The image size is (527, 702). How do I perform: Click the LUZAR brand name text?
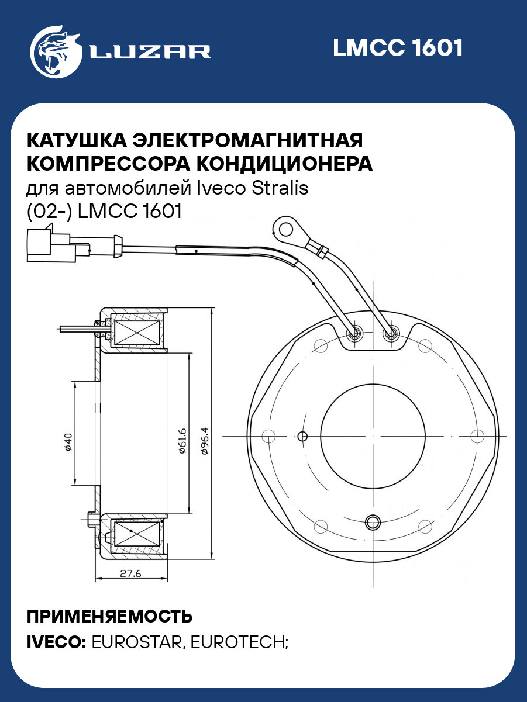pos(150,51)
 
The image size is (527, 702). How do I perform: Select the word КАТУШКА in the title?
pos(77,140)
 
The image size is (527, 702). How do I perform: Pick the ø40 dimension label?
pos(67,442)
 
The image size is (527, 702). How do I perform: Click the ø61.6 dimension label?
pos(182,441)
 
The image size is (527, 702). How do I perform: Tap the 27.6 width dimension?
pos(130,573)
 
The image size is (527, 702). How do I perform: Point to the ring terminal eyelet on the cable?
pos(287,227)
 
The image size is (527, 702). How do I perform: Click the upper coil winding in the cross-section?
pos(135,332)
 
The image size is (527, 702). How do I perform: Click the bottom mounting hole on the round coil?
pos(372,521)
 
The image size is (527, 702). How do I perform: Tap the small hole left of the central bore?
pos(302,436)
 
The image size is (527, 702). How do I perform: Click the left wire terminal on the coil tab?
pos(355,334)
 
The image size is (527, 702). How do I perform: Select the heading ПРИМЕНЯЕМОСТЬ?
pos(109,617)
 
